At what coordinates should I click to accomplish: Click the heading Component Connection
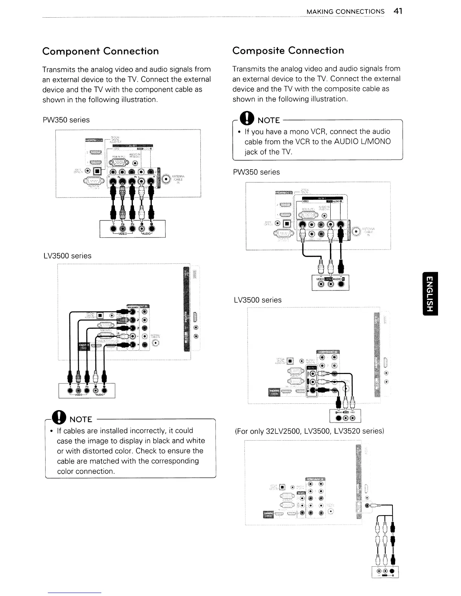101,51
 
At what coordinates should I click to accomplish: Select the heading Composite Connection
288,50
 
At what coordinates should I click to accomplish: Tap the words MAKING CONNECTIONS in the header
345,12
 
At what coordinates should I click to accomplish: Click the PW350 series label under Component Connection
66,120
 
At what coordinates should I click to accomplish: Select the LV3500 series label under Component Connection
67,256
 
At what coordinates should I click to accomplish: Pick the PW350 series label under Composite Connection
256,172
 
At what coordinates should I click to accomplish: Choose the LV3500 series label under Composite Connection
258,300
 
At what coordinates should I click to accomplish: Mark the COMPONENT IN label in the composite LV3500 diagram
328,351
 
